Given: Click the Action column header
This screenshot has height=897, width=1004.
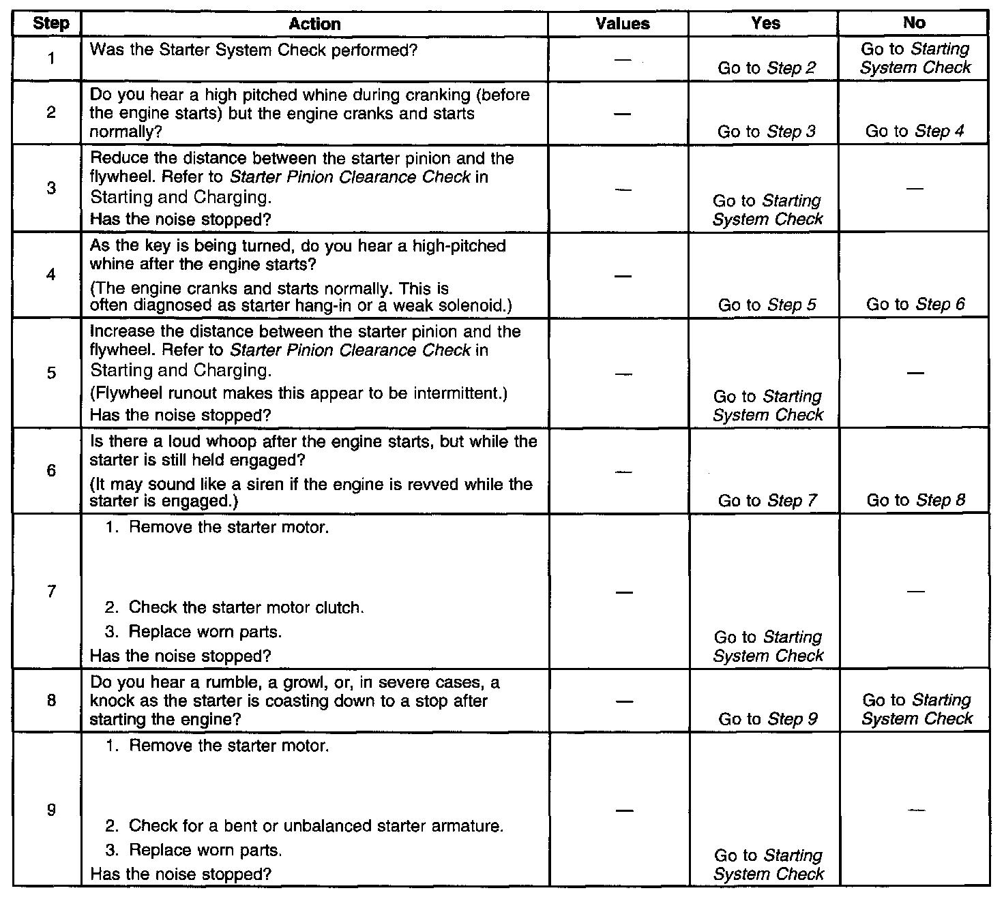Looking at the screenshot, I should (x=314, y=24).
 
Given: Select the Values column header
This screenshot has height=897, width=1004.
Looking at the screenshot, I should (x=622, y=24).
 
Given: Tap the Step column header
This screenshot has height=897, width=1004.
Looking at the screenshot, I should (x=51, y=24).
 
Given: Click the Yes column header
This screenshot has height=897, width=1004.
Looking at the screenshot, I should (x=765, y=23).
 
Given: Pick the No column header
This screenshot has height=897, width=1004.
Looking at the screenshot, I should (x=913, y=23).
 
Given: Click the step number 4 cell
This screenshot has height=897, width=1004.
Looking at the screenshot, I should (x=51, y=275).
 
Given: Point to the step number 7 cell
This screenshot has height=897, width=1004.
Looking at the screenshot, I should (x=51, y=591).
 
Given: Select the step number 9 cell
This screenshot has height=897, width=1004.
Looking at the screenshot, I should (x=51, y=810).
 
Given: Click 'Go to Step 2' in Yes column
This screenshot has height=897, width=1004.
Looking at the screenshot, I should (x=767, y=67).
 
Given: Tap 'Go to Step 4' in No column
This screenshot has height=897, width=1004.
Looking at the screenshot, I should (x=915, y=131).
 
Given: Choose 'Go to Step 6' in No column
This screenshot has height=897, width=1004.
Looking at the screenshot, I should (x=915, y=304).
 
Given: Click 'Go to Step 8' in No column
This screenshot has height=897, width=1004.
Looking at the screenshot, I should (x=915, y=500).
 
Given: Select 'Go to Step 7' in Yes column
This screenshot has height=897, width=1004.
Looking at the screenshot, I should (x=767, y=500).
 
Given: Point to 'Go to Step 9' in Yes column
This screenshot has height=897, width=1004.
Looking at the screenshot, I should (x=767, y=718).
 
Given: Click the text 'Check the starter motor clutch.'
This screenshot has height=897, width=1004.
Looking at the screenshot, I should (x=246, y=607).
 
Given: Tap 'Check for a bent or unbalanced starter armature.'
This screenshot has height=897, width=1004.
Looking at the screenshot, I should (x=316, y=826).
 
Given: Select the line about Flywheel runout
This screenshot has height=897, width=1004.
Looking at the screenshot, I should (x=299, y=394).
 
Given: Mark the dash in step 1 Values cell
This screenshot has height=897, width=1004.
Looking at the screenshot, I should (x=622, y=60).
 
